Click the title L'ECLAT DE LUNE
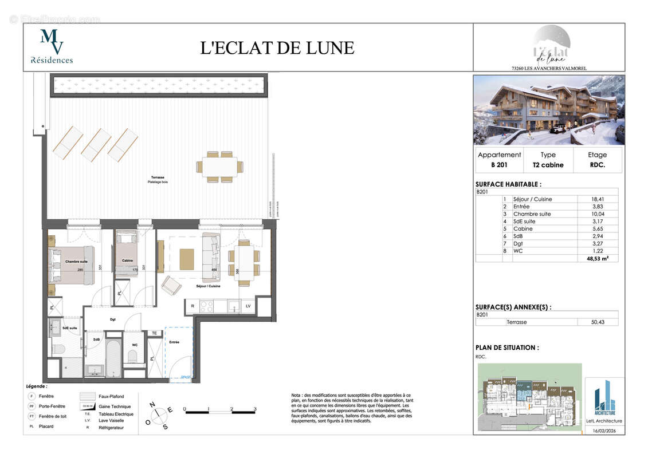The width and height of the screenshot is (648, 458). [277, 48]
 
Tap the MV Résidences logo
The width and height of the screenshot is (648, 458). [52, 46]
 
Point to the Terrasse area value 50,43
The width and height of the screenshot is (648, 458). [597, 322]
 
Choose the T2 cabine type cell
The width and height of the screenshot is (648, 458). [548, 165]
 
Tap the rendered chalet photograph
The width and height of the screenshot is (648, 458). [548, 110]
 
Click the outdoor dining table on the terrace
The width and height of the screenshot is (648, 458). [220, 167]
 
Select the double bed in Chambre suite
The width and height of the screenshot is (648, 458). [72, 264]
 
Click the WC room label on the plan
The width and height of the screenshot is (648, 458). [135, 345]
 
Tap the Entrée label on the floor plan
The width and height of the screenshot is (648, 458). [174, 342]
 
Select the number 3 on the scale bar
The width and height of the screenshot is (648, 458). [254, 409]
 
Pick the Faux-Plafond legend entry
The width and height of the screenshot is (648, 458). [111, 396]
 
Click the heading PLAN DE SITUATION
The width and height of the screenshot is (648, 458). [506, 348]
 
